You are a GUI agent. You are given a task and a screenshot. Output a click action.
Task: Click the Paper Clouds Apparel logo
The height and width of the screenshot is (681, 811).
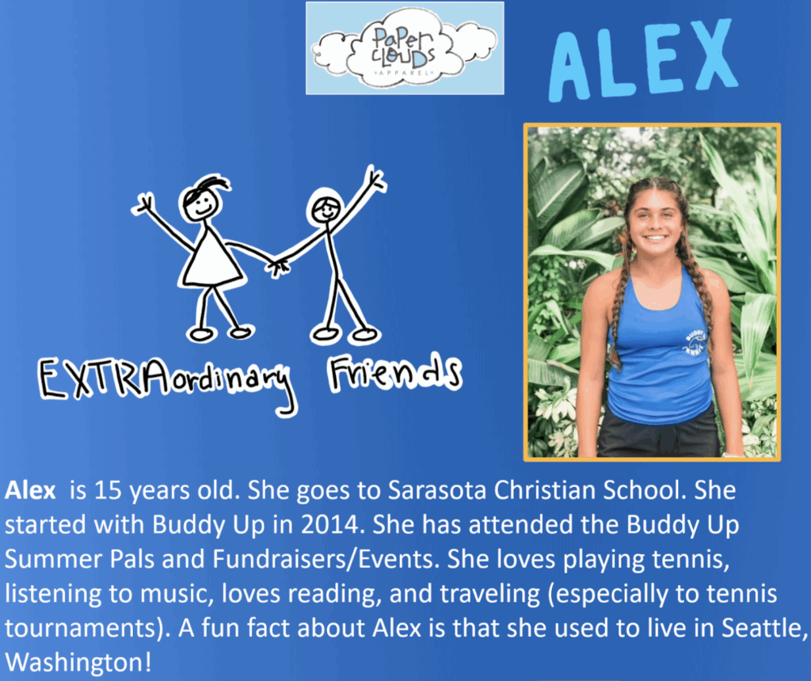pyautogui.click(x=405, y=48)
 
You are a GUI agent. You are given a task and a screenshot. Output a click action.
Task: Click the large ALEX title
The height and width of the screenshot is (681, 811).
pyautogui.click(x=643, y=59)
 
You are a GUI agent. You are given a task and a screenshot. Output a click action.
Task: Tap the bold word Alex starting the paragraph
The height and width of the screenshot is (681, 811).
pyautogui.click(x=30, y=490)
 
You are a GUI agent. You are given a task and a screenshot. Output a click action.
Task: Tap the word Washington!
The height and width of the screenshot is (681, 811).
pyautogui.click(x=78, y=662)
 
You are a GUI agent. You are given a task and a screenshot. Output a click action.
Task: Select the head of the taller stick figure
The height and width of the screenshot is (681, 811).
pyautogui.click(x=325, y=207)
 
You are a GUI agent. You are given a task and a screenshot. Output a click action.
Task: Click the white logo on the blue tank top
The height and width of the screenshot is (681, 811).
pyautogui.click(x=695, y=342)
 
